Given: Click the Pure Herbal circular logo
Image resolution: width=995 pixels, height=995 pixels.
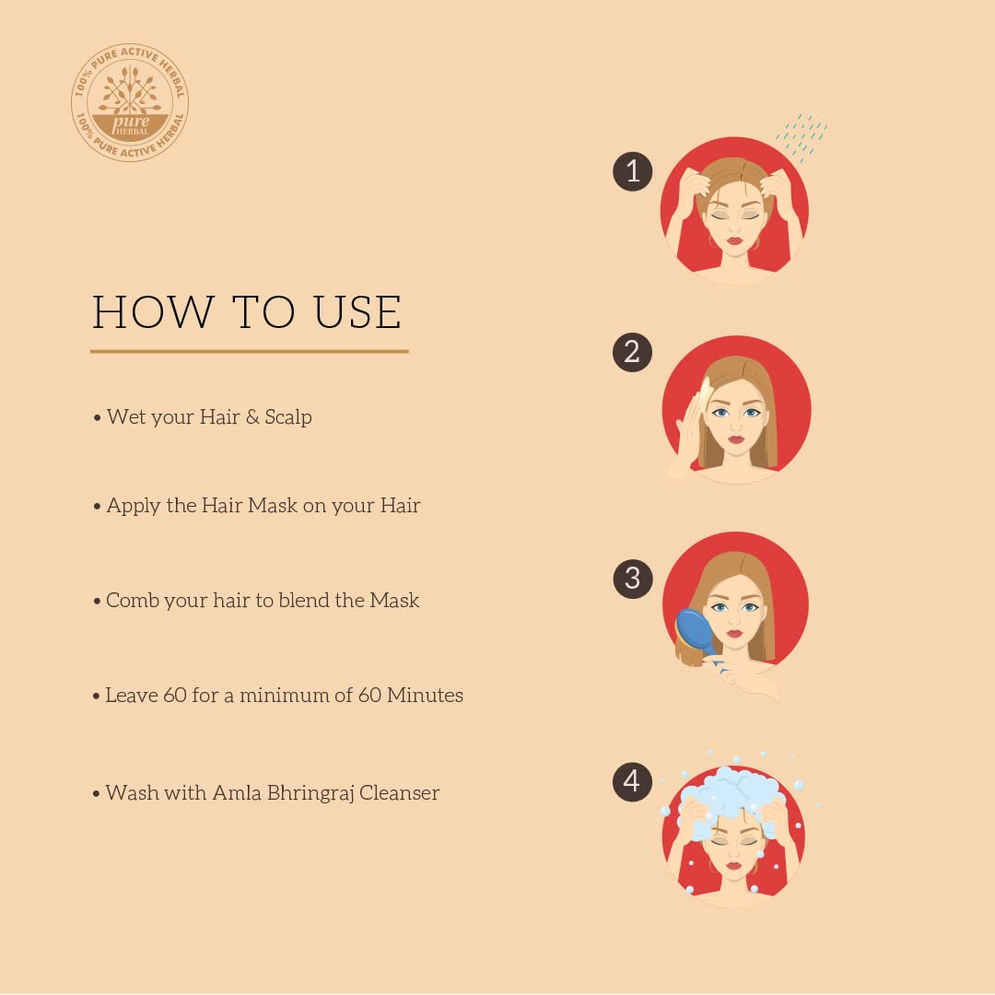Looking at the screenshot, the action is coord(130,102).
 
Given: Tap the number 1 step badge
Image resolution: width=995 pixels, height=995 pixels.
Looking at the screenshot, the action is coord(633,171).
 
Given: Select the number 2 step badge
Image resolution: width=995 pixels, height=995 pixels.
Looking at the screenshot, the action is coord(632,352).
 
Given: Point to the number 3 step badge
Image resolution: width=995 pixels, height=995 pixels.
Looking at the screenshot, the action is coord(633,579).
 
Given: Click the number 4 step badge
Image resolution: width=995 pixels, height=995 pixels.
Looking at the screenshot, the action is coord(632,782).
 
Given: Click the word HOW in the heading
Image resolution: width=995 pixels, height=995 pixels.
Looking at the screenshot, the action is coord(152,312).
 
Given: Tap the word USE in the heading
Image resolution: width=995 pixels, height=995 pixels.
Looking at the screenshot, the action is coord(357,312).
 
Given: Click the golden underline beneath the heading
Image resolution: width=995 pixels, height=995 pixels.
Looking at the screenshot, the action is coord(250,351).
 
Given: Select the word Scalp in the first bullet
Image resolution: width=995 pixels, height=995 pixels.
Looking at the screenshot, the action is coord(288,417).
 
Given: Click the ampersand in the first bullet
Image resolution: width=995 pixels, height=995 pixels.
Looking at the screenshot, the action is coord(252,417).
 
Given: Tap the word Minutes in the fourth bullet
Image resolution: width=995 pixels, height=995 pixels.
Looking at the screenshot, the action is coord(425,695).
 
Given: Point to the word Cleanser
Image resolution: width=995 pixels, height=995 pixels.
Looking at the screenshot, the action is coord(399,792).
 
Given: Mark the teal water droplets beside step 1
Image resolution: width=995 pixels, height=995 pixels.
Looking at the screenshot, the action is coord(802,137).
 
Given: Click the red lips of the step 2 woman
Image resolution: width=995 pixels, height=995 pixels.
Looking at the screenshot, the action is coord(735,439).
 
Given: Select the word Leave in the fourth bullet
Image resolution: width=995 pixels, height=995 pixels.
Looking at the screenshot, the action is coord(131,695).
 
